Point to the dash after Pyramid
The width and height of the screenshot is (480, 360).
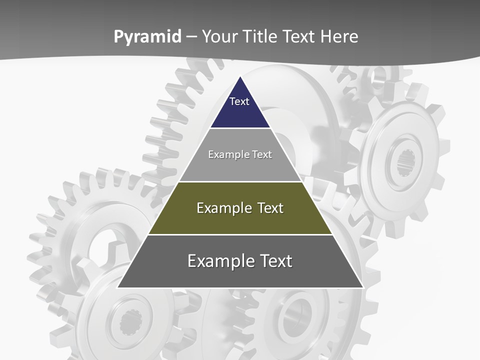point(191,37)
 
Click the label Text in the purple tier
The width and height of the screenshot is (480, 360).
point(239,101)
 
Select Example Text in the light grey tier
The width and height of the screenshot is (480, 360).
point(240,154)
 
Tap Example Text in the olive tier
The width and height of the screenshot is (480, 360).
point(240,208)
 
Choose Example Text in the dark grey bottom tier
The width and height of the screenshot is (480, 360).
point(240,261)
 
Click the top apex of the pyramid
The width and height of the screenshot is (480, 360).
point(240,77)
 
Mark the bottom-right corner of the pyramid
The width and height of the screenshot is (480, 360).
point(362,287)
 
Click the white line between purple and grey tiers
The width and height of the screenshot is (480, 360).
point(240,128)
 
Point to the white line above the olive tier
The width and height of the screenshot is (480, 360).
point(240,181)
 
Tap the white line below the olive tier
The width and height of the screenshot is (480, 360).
point(240,234)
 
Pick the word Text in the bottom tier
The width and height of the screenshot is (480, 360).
point(274,261)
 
